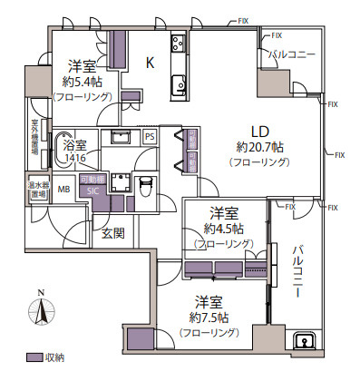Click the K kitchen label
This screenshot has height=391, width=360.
click(x=151, y=61)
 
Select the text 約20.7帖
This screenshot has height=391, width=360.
click(x=261, y=146)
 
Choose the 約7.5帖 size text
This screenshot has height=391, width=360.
click(x=209, y=318)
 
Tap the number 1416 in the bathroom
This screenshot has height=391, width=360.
click(x=75, y=157)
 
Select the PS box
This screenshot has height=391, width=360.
click(x=150, y=136)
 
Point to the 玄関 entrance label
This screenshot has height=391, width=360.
click(x=112, y=234)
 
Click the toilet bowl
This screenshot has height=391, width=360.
click(x=145, y=184)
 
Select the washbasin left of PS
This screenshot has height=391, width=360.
click(x=119, y=137)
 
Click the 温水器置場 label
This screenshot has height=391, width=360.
click(x=38, y=191)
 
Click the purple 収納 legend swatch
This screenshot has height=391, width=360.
click(x=34, y=357)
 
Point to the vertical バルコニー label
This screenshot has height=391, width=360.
click(x=297, y=272)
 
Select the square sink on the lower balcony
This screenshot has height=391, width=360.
click(x=306, y=343)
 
